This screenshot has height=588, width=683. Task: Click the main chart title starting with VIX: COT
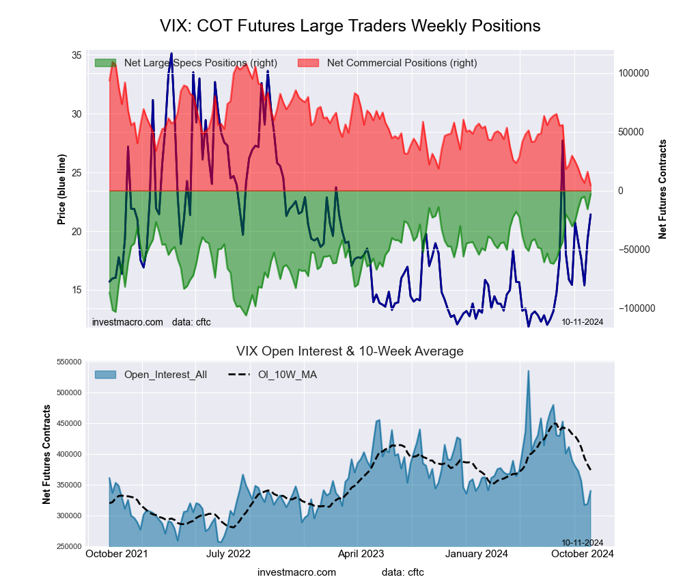click(350, 26)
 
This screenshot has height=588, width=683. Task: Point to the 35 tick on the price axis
click(76, 55)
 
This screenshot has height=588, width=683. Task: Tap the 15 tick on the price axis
click(76, 290)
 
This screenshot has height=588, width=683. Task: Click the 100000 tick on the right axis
click(633, 73)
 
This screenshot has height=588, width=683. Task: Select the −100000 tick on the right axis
click(635, 308)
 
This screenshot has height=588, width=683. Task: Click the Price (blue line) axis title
click(62, 189)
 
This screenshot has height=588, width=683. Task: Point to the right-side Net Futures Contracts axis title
click(663, 189)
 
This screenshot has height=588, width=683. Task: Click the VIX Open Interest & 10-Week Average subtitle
click(350, 351)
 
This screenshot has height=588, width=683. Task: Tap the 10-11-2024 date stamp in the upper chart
click(582, 321)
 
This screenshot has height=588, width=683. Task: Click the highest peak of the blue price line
click(171, 53)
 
